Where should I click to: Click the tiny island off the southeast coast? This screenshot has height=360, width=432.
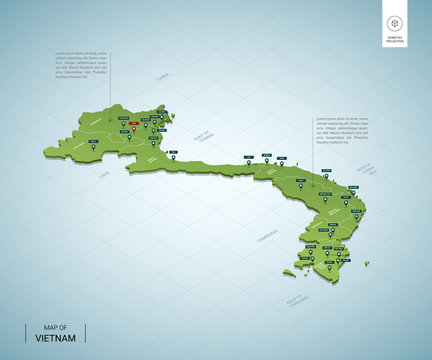[x=366, y=264]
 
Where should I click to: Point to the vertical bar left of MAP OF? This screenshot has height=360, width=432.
[x=26, y=333]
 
